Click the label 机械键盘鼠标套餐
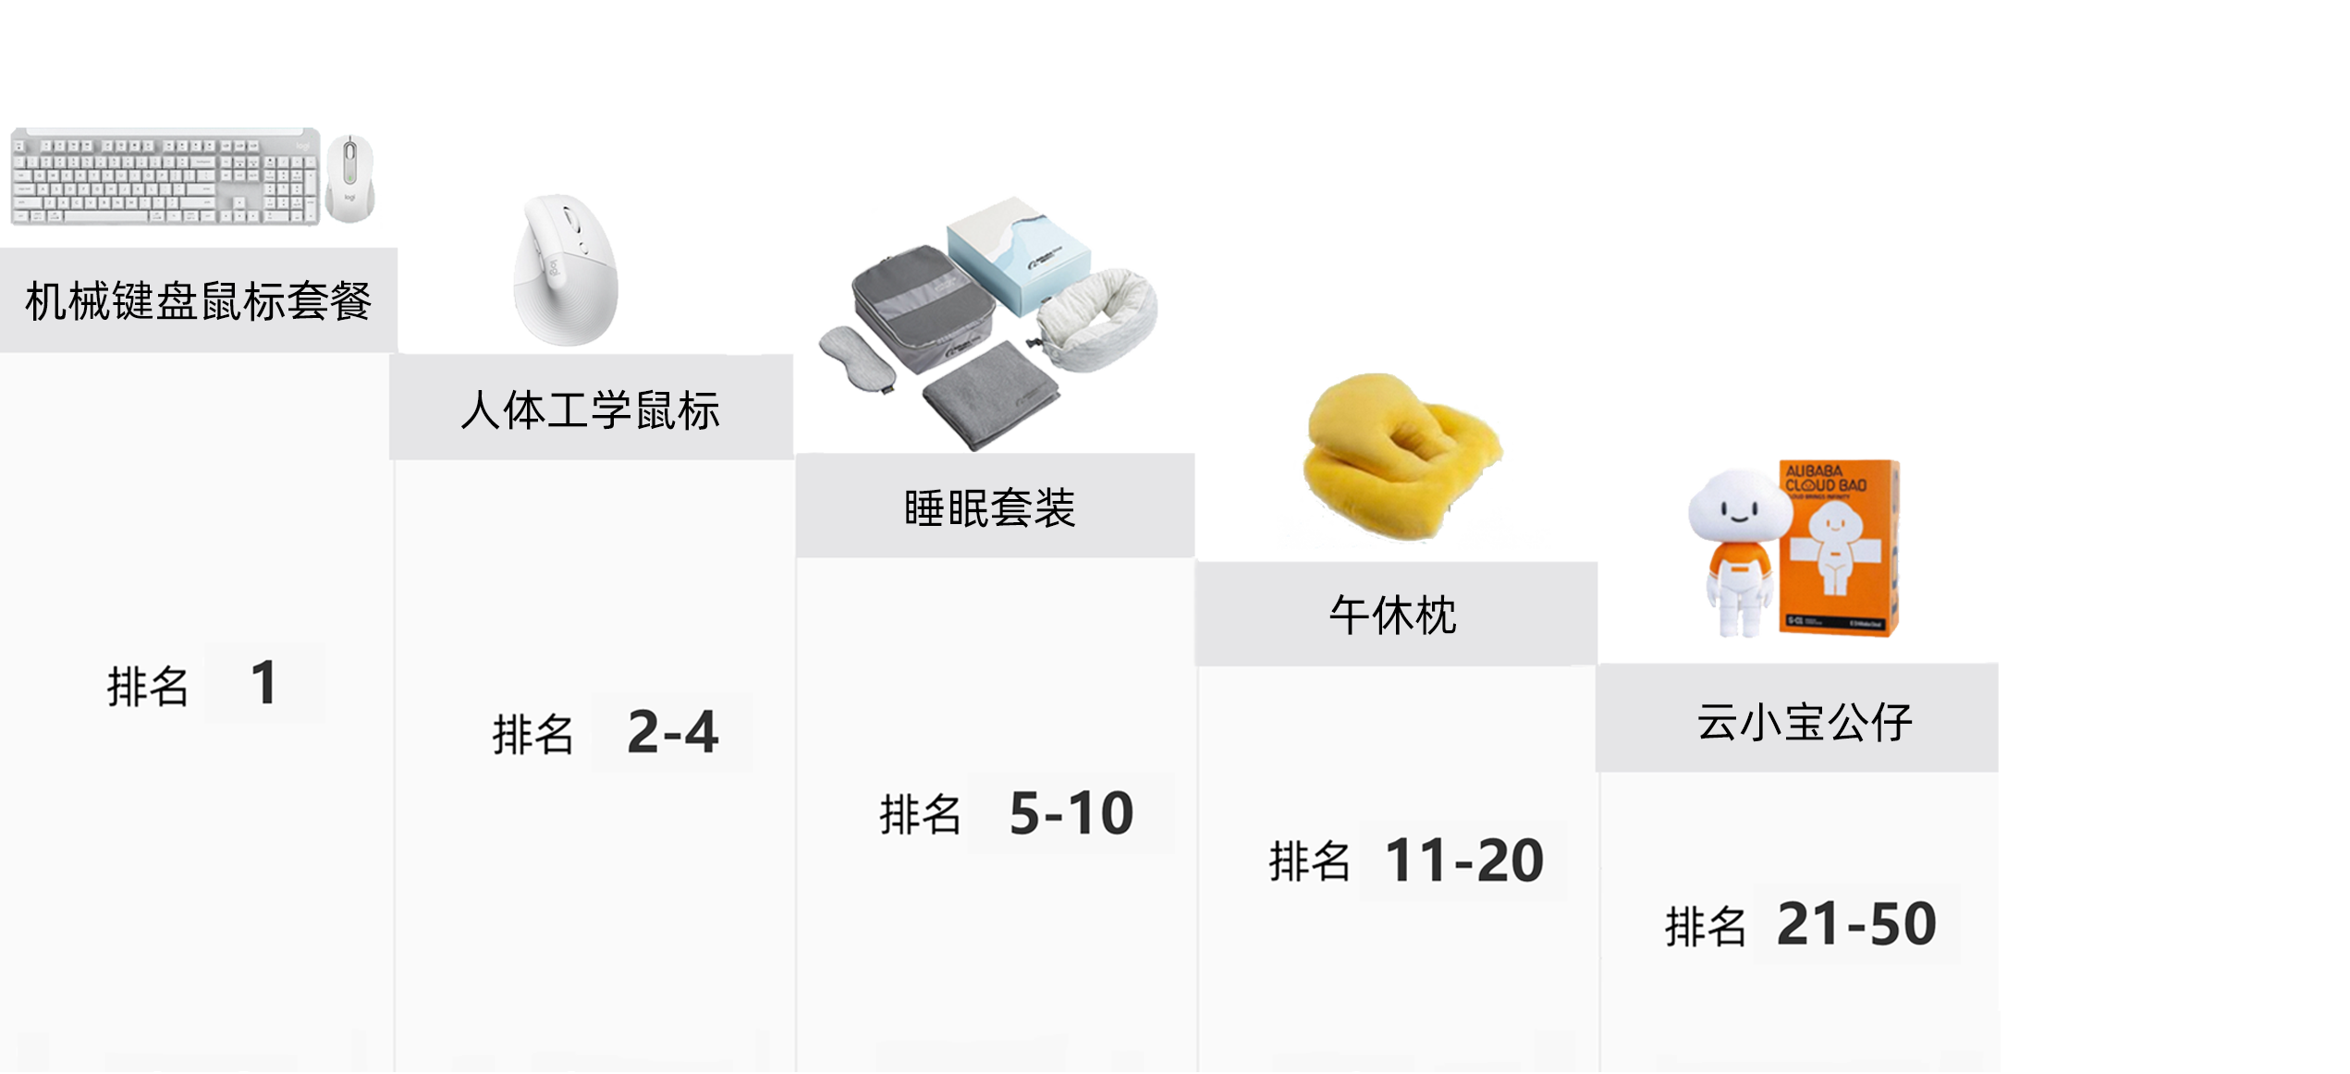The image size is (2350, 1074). click(x=198, y=301)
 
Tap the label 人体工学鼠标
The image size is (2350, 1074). click(x=590, y=410)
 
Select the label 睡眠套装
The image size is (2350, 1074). click(x=989, y=508)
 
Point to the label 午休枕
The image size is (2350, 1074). click(x=1392, y=616)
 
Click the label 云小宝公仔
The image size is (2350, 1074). click(x=1804, y=722)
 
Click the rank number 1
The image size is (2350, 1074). click(x=263, y=683)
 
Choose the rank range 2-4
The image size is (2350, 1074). click(x=672, y=732)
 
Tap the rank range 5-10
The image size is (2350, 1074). click(x=1071, y=813)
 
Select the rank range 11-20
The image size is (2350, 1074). click(x=1463, y=860)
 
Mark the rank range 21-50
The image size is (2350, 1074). click(x=1855, y=923)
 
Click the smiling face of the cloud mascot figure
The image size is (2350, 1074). click(x=1737, y=510)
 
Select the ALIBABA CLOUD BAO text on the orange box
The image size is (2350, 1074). click(x=1825, y=478)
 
